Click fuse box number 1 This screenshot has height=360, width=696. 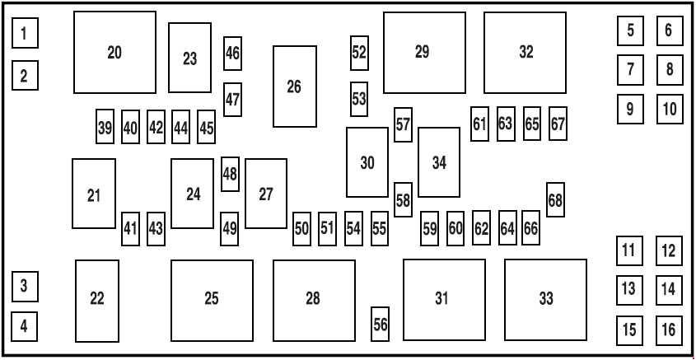pyautogui.click(x=25, y=33)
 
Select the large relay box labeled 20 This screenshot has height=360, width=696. pyautogui.click(x=115, y=53)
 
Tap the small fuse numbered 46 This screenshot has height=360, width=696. pyautogui.click(x=232, y=54)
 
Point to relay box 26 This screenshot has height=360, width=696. pyautogui.click(x=295, y=86)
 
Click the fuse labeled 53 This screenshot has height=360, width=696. pyautogui.click(x=359, y=99)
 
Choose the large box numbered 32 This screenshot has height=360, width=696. pyautogui.click(x=526, y=53)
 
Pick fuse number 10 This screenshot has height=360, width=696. pyautogui.click(x=670, y=109)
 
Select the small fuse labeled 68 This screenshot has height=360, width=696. pyautogui.click(x=555, y=199)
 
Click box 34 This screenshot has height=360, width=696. pyautogui.click(x=439, y=162)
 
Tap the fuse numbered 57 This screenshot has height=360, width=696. pyautogui.click(x=403, y=124)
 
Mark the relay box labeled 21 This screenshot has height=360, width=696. pyautogui.click(x=94, y=194)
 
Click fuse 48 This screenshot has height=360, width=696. pyautogui.click(x=230, y=174)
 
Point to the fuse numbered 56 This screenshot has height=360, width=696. pyautogui.click(x=380, y=324)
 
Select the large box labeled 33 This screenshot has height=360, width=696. pyautogui.click(x=545, y=300)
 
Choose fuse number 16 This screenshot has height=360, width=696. pyautogui.click(x=669, y=330)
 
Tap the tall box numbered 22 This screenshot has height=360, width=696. pyautogui.click(x=97, y=301)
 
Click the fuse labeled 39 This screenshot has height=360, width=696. pyautogui.click(x=105, y=127)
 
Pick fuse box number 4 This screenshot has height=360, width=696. pyautogui.click(x=25, y=326)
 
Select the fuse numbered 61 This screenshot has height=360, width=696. pyautogui.click(x=480, y=124)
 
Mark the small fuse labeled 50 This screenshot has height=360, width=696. pyautogui.click(x=301, y=229)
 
